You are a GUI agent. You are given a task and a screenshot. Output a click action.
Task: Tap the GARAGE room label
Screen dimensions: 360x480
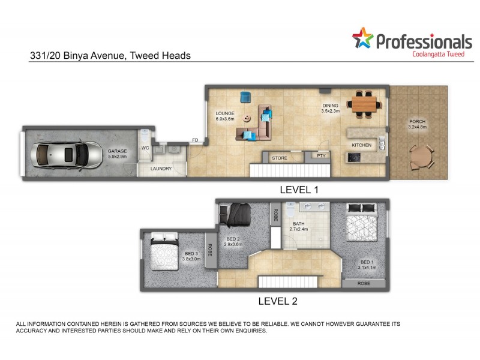116,152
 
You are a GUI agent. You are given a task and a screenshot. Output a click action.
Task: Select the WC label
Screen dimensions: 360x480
145,147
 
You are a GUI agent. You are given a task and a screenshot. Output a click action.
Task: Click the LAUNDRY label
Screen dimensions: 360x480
160,169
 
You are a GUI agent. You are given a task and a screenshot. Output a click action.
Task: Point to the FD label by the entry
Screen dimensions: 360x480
195,140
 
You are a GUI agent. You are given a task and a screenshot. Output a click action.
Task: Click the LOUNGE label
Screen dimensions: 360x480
225,113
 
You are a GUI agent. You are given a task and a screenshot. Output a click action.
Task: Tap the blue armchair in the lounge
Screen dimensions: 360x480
245,97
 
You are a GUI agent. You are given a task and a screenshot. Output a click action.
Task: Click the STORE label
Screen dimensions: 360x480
280,158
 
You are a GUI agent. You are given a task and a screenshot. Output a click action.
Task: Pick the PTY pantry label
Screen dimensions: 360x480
321,156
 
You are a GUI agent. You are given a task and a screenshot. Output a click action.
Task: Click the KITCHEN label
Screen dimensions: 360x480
361,145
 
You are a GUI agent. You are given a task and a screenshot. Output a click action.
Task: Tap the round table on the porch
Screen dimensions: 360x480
421,158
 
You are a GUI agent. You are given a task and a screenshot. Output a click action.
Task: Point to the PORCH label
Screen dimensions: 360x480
416,122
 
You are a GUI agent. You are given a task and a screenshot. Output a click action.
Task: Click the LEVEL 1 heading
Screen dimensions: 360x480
299,190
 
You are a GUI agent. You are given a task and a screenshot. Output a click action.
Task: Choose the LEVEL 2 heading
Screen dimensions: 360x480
277,301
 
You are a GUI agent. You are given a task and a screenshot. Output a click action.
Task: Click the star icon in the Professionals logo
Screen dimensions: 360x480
362,38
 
